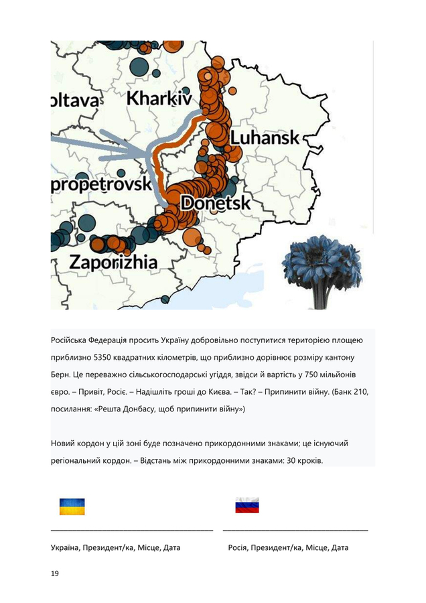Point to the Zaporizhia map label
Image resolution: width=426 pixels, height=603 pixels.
point(114,261)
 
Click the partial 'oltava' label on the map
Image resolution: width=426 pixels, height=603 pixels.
point(75,101)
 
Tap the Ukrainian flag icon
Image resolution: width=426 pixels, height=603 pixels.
point(72,507)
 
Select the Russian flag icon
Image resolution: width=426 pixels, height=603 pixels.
point(246,507)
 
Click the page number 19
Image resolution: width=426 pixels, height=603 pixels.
point(55,574)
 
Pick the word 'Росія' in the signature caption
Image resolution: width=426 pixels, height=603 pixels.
point(239,548)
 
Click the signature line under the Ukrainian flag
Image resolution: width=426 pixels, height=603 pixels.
point(132,530)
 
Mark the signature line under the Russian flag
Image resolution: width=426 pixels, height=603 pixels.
point(295,530)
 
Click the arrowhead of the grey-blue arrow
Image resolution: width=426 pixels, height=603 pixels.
point(137,153)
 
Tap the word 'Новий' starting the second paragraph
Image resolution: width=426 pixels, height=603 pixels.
point(63,444)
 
